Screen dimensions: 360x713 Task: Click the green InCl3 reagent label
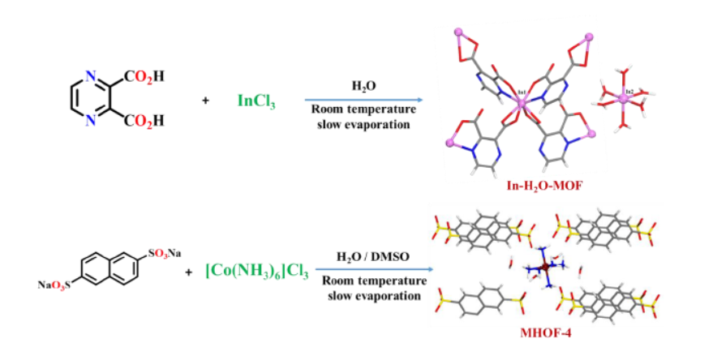point(256,101)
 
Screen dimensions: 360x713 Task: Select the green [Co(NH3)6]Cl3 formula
point(257,272)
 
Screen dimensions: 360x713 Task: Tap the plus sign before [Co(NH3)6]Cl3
point(188,273)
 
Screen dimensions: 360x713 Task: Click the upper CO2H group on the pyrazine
point(144,78)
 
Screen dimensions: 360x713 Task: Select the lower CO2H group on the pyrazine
point(144,122)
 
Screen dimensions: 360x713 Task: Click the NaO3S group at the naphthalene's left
point(54,285)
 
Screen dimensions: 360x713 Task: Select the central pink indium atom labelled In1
point(521,103)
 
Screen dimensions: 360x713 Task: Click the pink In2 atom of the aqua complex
point(623,98)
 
